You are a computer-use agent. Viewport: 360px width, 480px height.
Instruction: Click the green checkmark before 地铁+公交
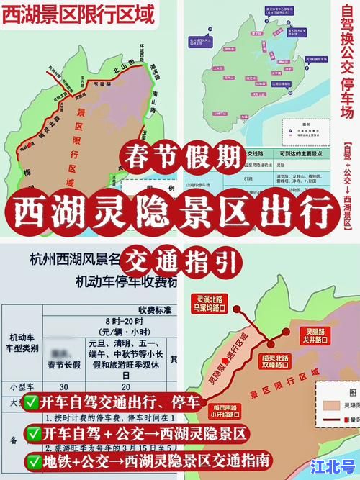[31, 458]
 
